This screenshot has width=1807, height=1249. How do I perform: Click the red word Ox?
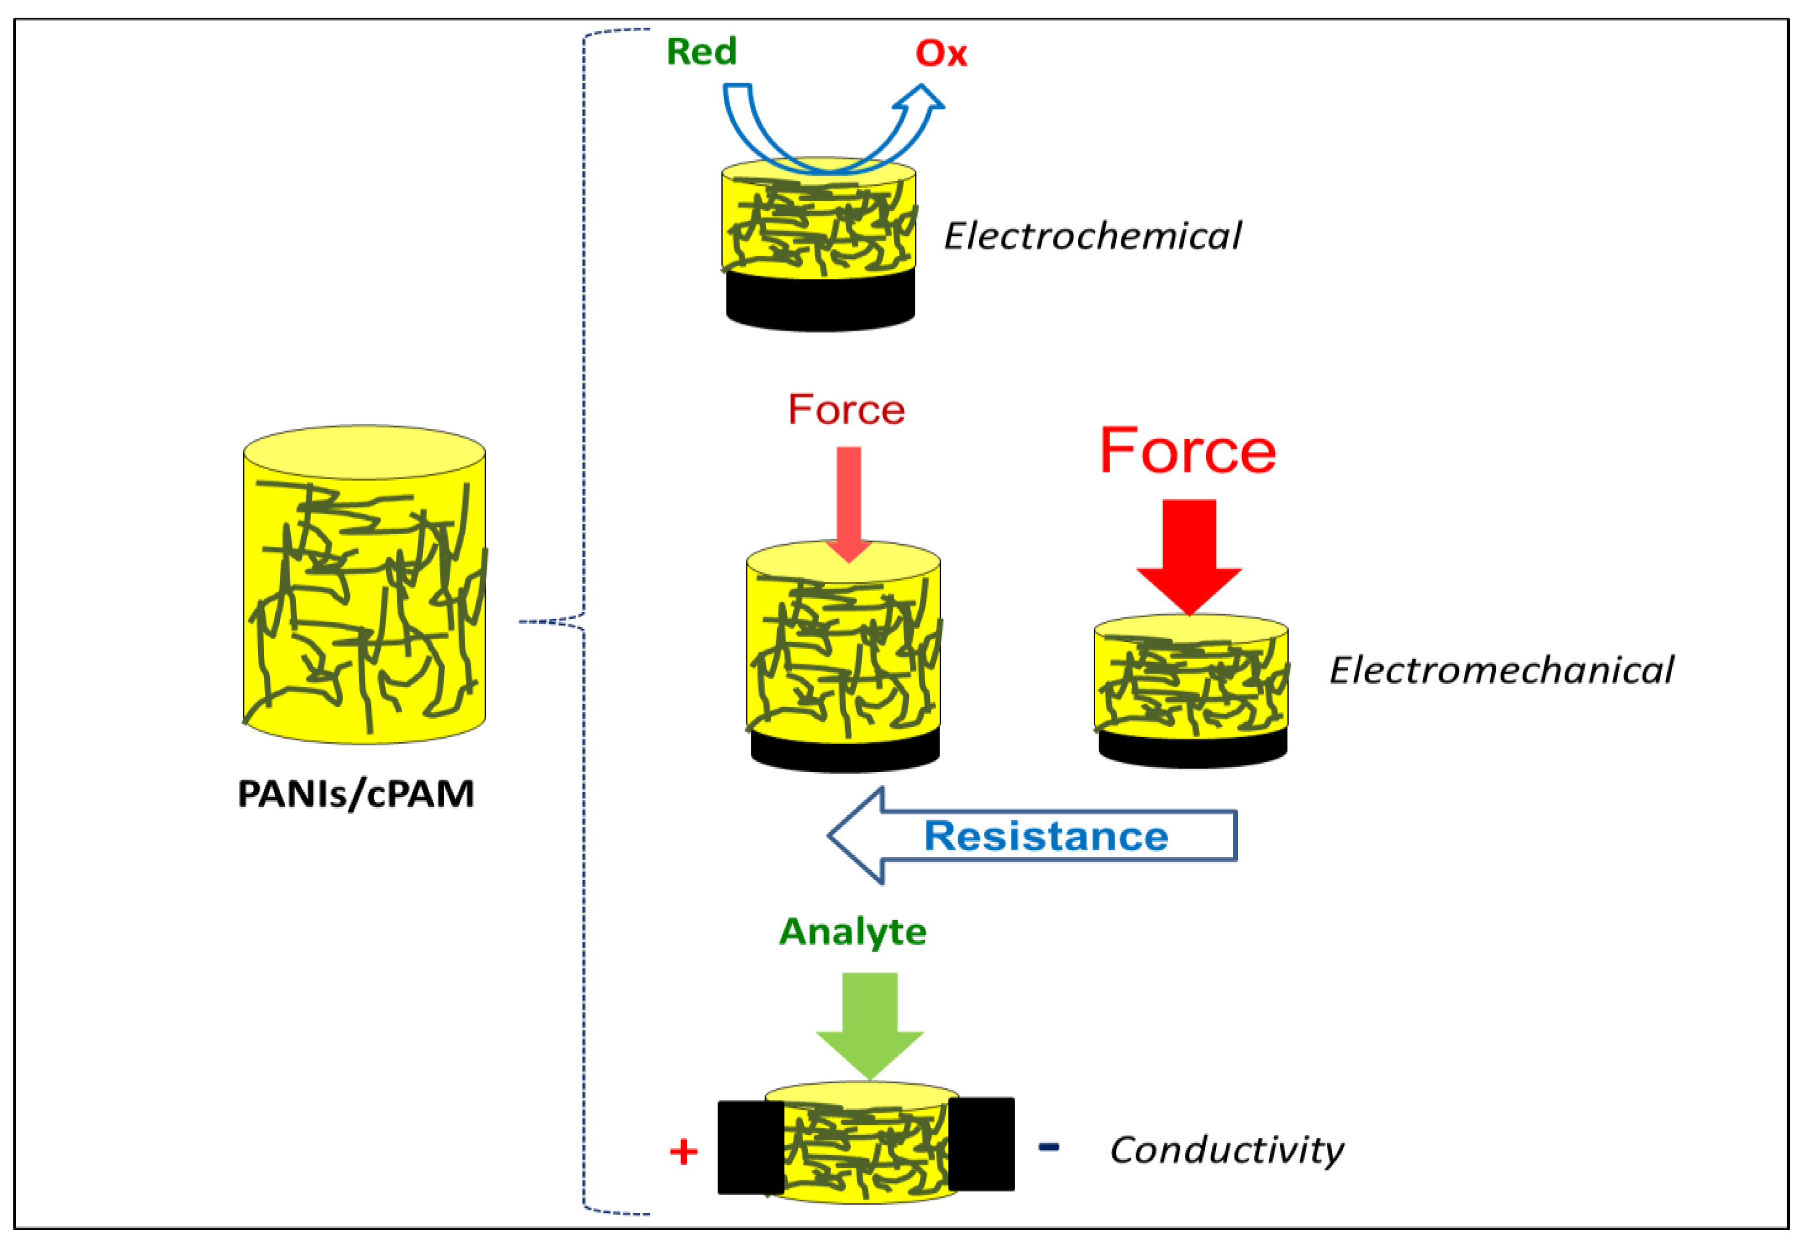941,53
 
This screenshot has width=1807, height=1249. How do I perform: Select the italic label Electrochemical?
1092,236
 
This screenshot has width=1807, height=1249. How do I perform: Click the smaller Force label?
847,409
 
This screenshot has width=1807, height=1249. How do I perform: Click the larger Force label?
1188,451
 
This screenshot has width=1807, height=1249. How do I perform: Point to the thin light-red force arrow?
849,505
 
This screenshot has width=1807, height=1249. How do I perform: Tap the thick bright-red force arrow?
1189,557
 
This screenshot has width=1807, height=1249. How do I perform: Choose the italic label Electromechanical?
1501,671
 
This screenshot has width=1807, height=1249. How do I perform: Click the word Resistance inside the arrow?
1046,836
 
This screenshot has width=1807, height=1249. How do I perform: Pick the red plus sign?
684,1152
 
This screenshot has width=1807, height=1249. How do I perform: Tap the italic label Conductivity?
1226,1150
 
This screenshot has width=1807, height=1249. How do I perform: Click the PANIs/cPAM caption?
356,794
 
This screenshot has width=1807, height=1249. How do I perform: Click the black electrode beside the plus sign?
751,1148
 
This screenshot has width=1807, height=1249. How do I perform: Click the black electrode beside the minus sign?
981,1144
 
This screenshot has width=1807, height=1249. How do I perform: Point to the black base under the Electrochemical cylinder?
821,301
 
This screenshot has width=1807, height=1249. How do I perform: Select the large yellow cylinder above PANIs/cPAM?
364,585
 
